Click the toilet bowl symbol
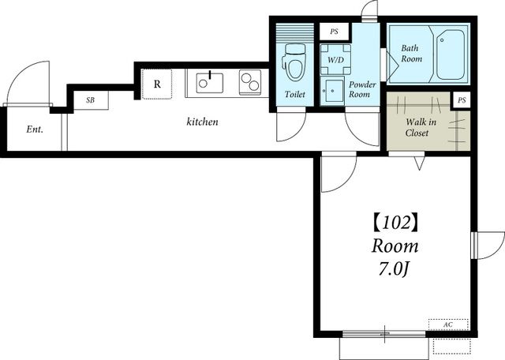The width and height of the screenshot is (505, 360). click(x=294, y=62)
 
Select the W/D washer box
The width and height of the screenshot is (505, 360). click(x=335, y=60)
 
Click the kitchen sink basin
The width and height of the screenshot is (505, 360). click(x=209, y=83)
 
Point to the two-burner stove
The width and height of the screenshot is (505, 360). click(x=250, y=82)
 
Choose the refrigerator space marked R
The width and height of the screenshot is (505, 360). click(x=157, y=84)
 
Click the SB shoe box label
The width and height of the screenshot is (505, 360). click(x=91, y=100)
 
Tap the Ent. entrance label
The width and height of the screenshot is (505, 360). click(x=35, y=129)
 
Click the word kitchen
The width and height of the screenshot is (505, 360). click(x=202, y=122)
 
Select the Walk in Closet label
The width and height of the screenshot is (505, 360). click(x=421, y=127)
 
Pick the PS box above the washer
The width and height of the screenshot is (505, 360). click(x=335, y=32)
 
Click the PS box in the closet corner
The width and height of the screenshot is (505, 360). click(x=462, y=100)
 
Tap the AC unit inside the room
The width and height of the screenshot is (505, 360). click(x=448, y=324)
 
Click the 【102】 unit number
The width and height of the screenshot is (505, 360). click(x=395, y=223)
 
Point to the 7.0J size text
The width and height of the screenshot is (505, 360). click(x=394, y=269)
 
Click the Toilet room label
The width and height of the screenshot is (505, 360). click(x=294, y=95)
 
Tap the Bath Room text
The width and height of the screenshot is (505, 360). click(x=411, y=54)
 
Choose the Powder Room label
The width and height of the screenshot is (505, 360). click(x=362, y=89)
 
